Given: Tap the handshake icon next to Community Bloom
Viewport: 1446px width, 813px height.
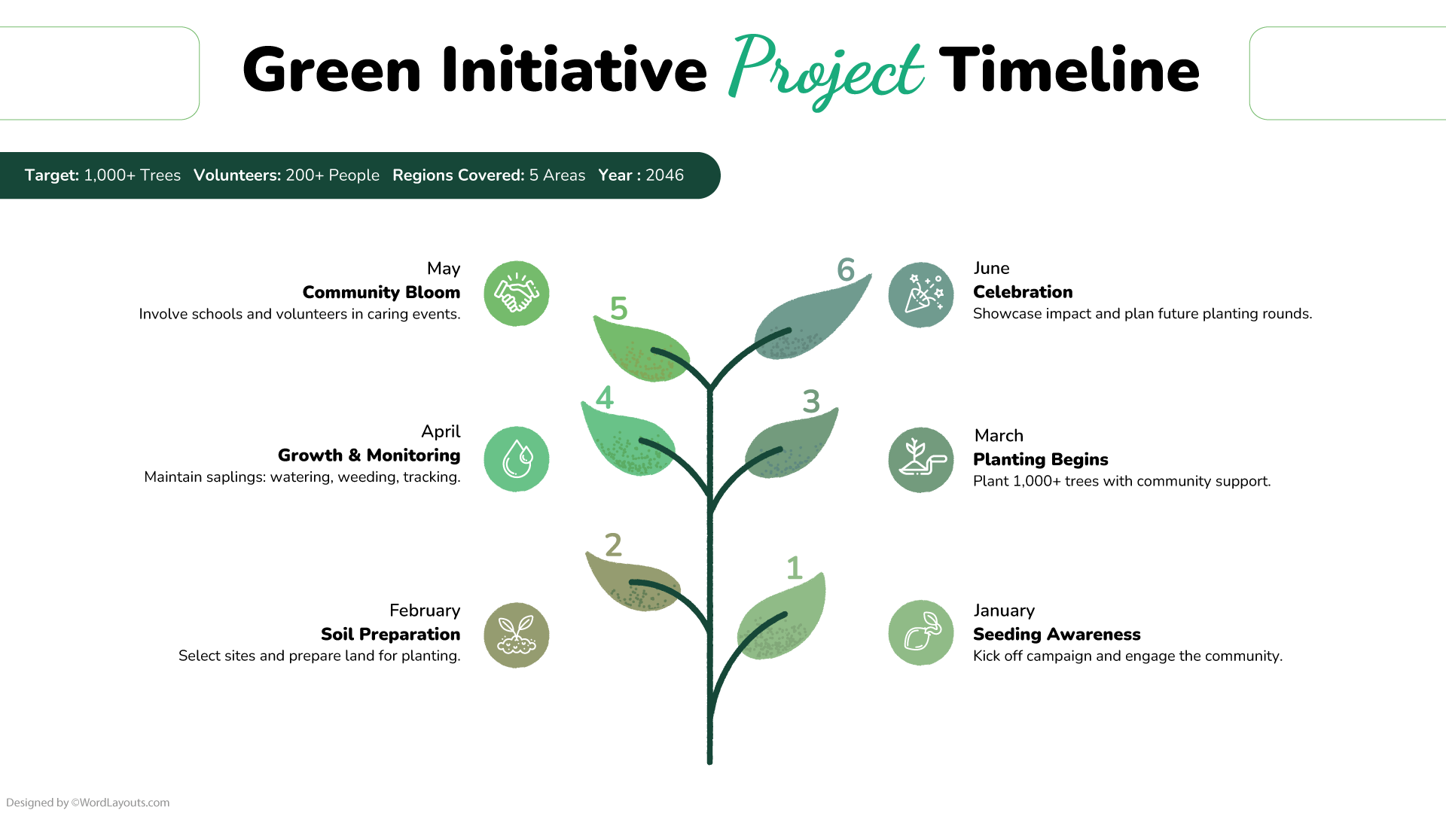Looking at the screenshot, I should (x=516, y=294).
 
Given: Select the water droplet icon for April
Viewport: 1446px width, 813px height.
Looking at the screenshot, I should (x=516, y=459).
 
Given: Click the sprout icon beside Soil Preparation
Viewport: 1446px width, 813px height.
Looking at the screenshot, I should (x=516, y=635).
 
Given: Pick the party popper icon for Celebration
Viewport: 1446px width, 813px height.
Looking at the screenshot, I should (x=920, y=294).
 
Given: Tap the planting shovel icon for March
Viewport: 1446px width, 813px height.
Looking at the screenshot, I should (x=920, y=460).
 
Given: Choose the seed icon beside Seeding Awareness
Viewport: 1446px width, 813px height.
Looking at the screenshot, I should (x=920, y=633).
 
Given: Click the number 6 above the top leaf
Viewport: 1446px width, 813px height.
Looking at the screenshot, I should (x=846, y=269).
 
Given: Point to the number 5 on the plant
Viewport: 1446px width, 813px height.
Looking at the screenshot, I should (x=618, y=309).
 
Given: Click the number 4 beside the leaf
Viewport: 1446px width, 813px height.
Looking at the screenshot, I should (x=605, y=397).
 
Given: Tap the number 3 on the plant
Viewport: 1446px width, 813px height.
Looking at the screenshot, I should (x=811, y=401).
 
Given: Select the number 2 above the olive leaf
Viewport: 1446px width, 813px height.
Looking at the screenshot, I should (x=614, y=545).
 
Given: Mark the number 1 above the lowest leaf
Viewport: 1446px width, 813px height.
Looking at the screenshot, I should (x=794, y=568).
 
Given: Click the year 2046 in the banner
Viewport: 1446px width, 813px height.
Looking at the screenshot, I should (x=664, y=175).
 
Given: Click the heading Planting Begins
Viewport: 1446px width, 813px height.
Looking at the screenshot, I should (x=1040, y=459).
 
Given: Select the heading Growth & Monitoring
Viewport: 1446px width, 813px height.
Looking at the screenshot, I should (x=369, y=455).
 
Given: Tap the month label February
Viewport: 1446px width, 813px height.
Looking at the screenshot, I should (x=425, y=611).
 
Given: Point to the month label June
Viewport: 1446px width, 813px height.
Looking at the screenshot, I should (x=991, y=268).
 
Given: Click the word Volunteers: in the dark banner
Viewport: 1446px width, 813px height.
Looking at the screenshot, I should (x=237, y=175).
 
